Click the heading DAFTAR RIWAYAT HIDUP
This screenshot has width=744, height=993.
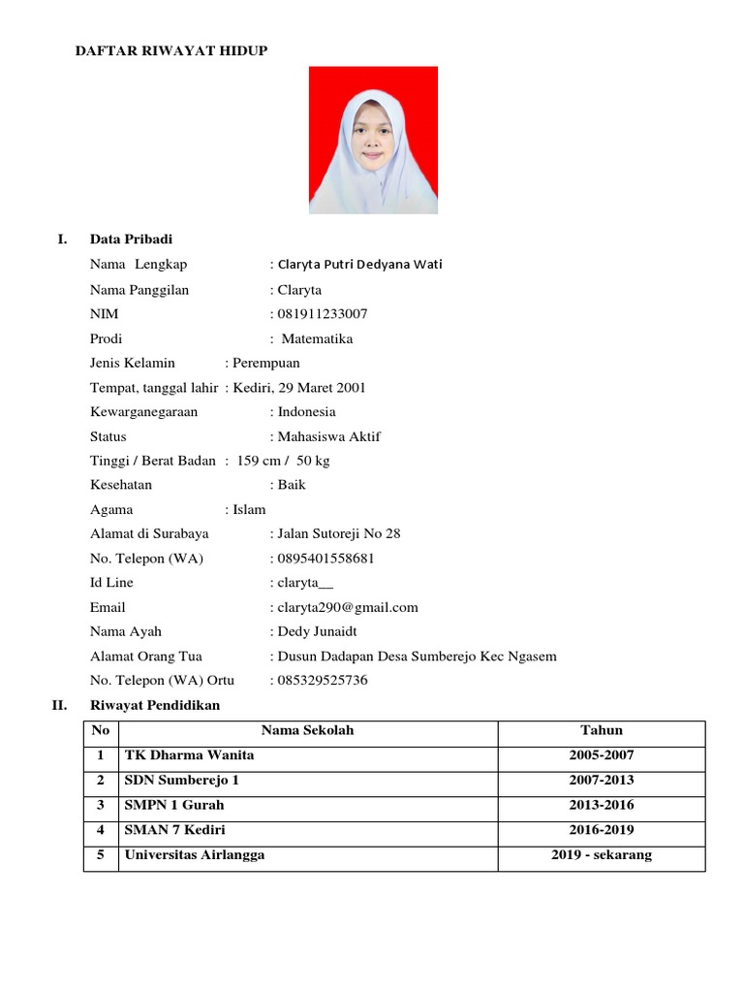(x=171, y=50)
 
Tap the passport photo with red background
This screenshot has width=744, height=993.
(x=373, y=140)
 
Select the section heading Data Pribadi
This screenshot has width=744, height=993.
(x=131, y=240)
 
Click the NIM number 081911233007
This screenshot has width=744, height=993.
(x=323, y=314)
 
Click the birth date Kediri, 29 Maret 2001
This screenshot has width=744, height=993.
(x=299, y=387)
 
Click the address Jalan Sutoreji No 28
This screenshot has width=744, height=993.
(x=338, y=533)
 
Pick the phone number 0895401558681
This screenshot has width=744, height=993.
(x=325, y=559)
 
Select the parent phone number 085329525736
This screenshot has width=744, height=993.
(x=323, y=680)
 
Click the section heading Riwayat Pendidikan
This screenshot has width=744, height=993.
(x=155, y=705)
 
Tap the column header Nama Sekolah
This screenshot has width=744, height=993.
(x=307, y=731)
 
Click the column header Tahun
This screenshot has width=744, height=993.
(x=602, y=731)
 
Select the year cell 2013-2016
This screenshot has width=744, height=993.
(x=602, y=805)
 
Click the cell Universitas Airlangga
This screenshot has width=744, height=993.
(x=194, y=855)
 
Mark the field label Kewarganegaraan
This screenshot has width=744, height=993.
(x=143, y=411)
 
